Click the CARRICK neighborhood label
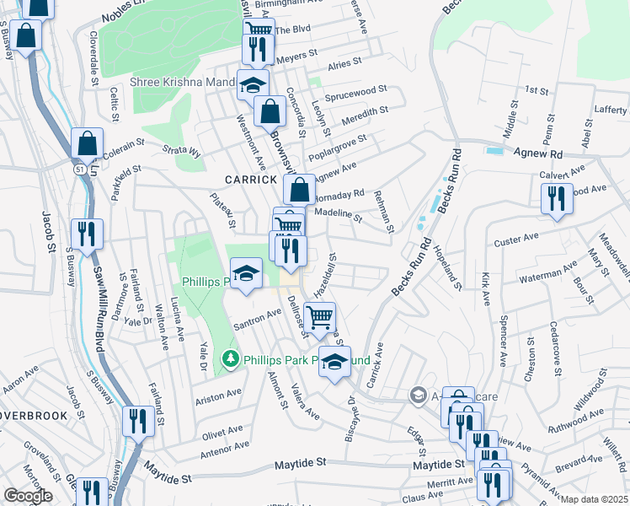pyautogui.click(x=250, y=180)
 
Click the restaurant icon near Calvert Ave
pyautogui.click(x=557, y=200)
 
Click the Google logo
pyautogui.click(x=28, y=496)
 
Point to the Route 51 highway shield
pyautogui.click(x=78, y=170)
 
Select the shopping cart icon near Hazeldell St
pyautogui.click(x=320, y=319)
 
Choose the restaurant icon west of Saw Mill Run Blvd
pyautogui.click(x=88, y=234)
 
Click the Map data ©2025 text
pyautogui.click(x=595, y=499)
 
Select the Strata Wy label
pyautogui.click(x=182, y=152)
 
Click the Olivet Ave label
pyautogui.click(x=222, y=430)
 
